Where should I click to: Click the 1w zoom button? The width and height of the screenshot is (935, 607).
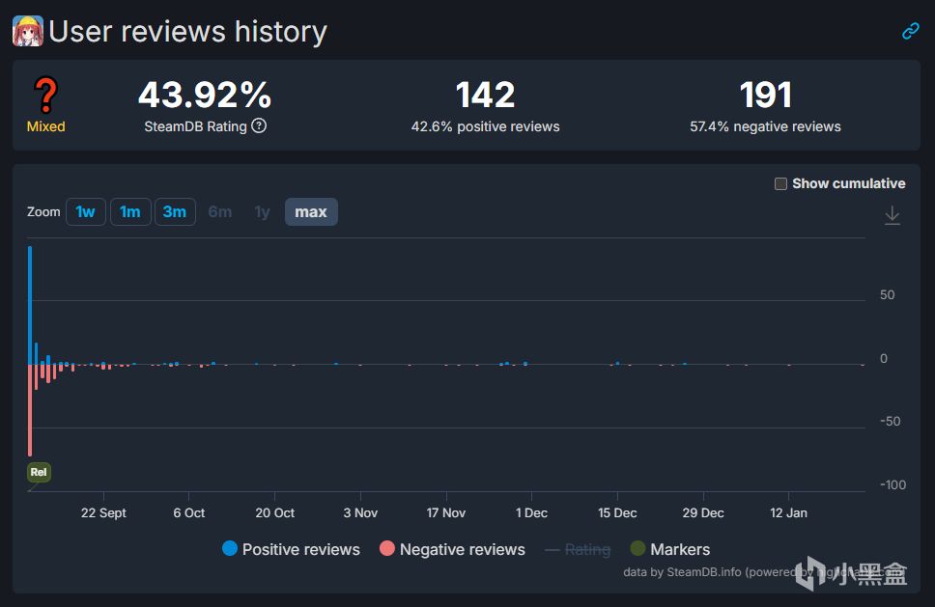pyautogui.click(x=86, y=212)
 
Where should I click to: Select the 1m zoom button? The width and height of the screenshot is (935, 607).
pyautogui.click(x=130, y=212)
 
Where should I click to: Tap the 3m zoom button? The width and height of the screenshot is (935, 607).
pyautogui.click(x=175, y=212)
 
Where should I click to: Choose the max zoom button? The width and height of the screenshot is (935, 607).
pyautogui.click(x=311, y=212)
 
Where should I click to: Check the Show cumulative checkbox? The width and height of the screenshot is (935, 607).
pyautogui.click(x=780, y=184)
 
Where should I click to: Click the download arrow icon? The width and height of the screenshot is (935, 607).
pyautogui.click(x=892, y=215)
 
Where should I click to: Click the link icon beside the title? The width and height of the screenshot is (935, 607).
pyautogui.click(x=910, y=31)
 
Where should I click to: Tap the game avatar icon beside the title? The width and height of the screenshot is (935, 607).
pyautogui.click(x=28, y=31)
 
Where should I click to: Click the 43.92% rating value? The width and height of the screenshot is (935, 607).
pyautogui.click(x=205, y=95)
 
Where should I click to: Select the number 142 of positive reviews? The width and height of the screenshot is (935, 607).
pyautogui.click(x=485, y=95)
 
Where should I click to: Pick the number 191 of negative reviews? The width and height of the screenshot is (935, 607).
pyautogui.click(x=765, y=95)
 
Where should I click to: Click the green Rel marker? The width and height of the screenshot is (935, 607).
pyautogui.click(x=39, y=472)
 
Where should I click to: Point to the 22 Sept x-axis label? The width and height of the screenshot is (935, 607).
pyautogui.click(x=103, y=512)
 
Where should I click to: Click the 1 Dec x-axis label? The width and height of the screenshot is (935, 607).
pyautogui.click(x=531, y=512)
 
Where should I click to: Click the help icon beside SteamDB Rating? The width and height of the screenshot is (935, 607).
pyautogui.click(x=259, y=126)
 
